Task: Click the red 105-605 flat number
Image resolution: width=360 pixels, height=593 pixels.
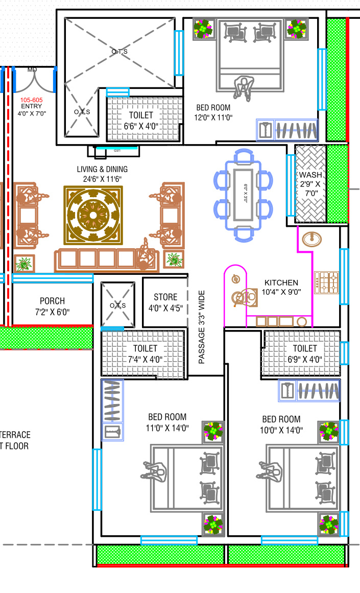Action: [31, 99]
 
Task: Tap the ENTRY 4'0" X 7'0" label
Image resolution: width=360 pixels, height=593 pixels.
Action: [31, 110]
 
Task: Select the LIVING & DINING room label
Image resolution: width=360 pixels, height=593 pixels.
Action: [102, 174]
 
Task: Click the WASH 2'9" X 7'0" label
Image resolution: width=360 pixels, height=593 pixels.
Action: [310, 184]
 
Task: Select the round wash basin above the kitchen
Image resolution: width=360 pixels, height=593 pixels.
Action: [311, 239]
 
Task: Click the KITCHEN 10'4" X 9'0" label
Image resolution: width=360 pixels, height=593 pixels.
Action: [281, 287]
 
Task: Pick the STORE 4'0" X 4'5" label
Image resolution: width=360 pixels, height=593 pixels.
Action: [165, 302]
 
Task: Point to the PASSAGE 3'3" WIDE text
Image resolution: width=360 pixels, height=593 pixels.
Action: [202, 327]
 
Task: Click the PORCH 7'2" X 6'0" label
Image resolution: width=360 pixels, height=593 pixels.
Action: [52, 306]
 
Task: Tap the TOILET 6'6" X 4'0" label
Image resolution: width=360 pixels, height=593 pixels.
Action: [141, 121]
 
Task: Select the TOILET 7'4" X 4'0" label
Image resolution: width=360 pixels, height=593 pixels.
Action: [145, 353]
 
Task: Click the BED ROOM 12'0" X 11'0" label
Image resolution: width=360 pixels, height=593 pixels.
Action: [214, 112]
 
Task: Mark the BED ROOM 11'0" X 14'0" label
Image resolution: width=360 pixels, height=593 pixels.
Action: [167, 423]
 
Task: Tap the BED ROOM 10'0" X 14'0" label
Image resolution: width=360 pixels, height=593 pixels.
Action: [281, 424]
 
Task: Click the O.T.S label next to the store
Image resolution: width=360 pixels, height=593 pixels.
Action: [117, 305]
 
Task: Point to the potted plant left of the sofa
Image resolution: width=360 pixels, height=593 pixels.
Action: [23, 264]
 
